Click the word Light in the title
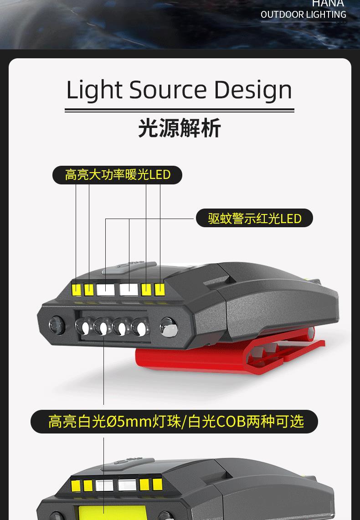click(94, 90)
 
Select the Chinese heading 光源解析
click(180, 128)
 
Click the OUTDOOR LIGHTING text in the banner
click(303, 15)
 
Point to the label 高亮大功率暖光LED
click(117, 175)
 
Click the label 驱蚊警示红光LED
click(254, 218)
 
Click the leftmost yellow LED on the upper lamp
click(76, 289)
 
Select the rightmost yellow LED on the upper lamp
click(159, 289)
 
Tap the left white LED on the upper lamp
click(105, 289)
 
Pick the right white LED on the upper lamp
click(129, 289)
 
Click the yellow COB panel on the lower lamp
click(105, 512)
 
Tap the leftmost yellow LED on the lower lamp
click(76, 484)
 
